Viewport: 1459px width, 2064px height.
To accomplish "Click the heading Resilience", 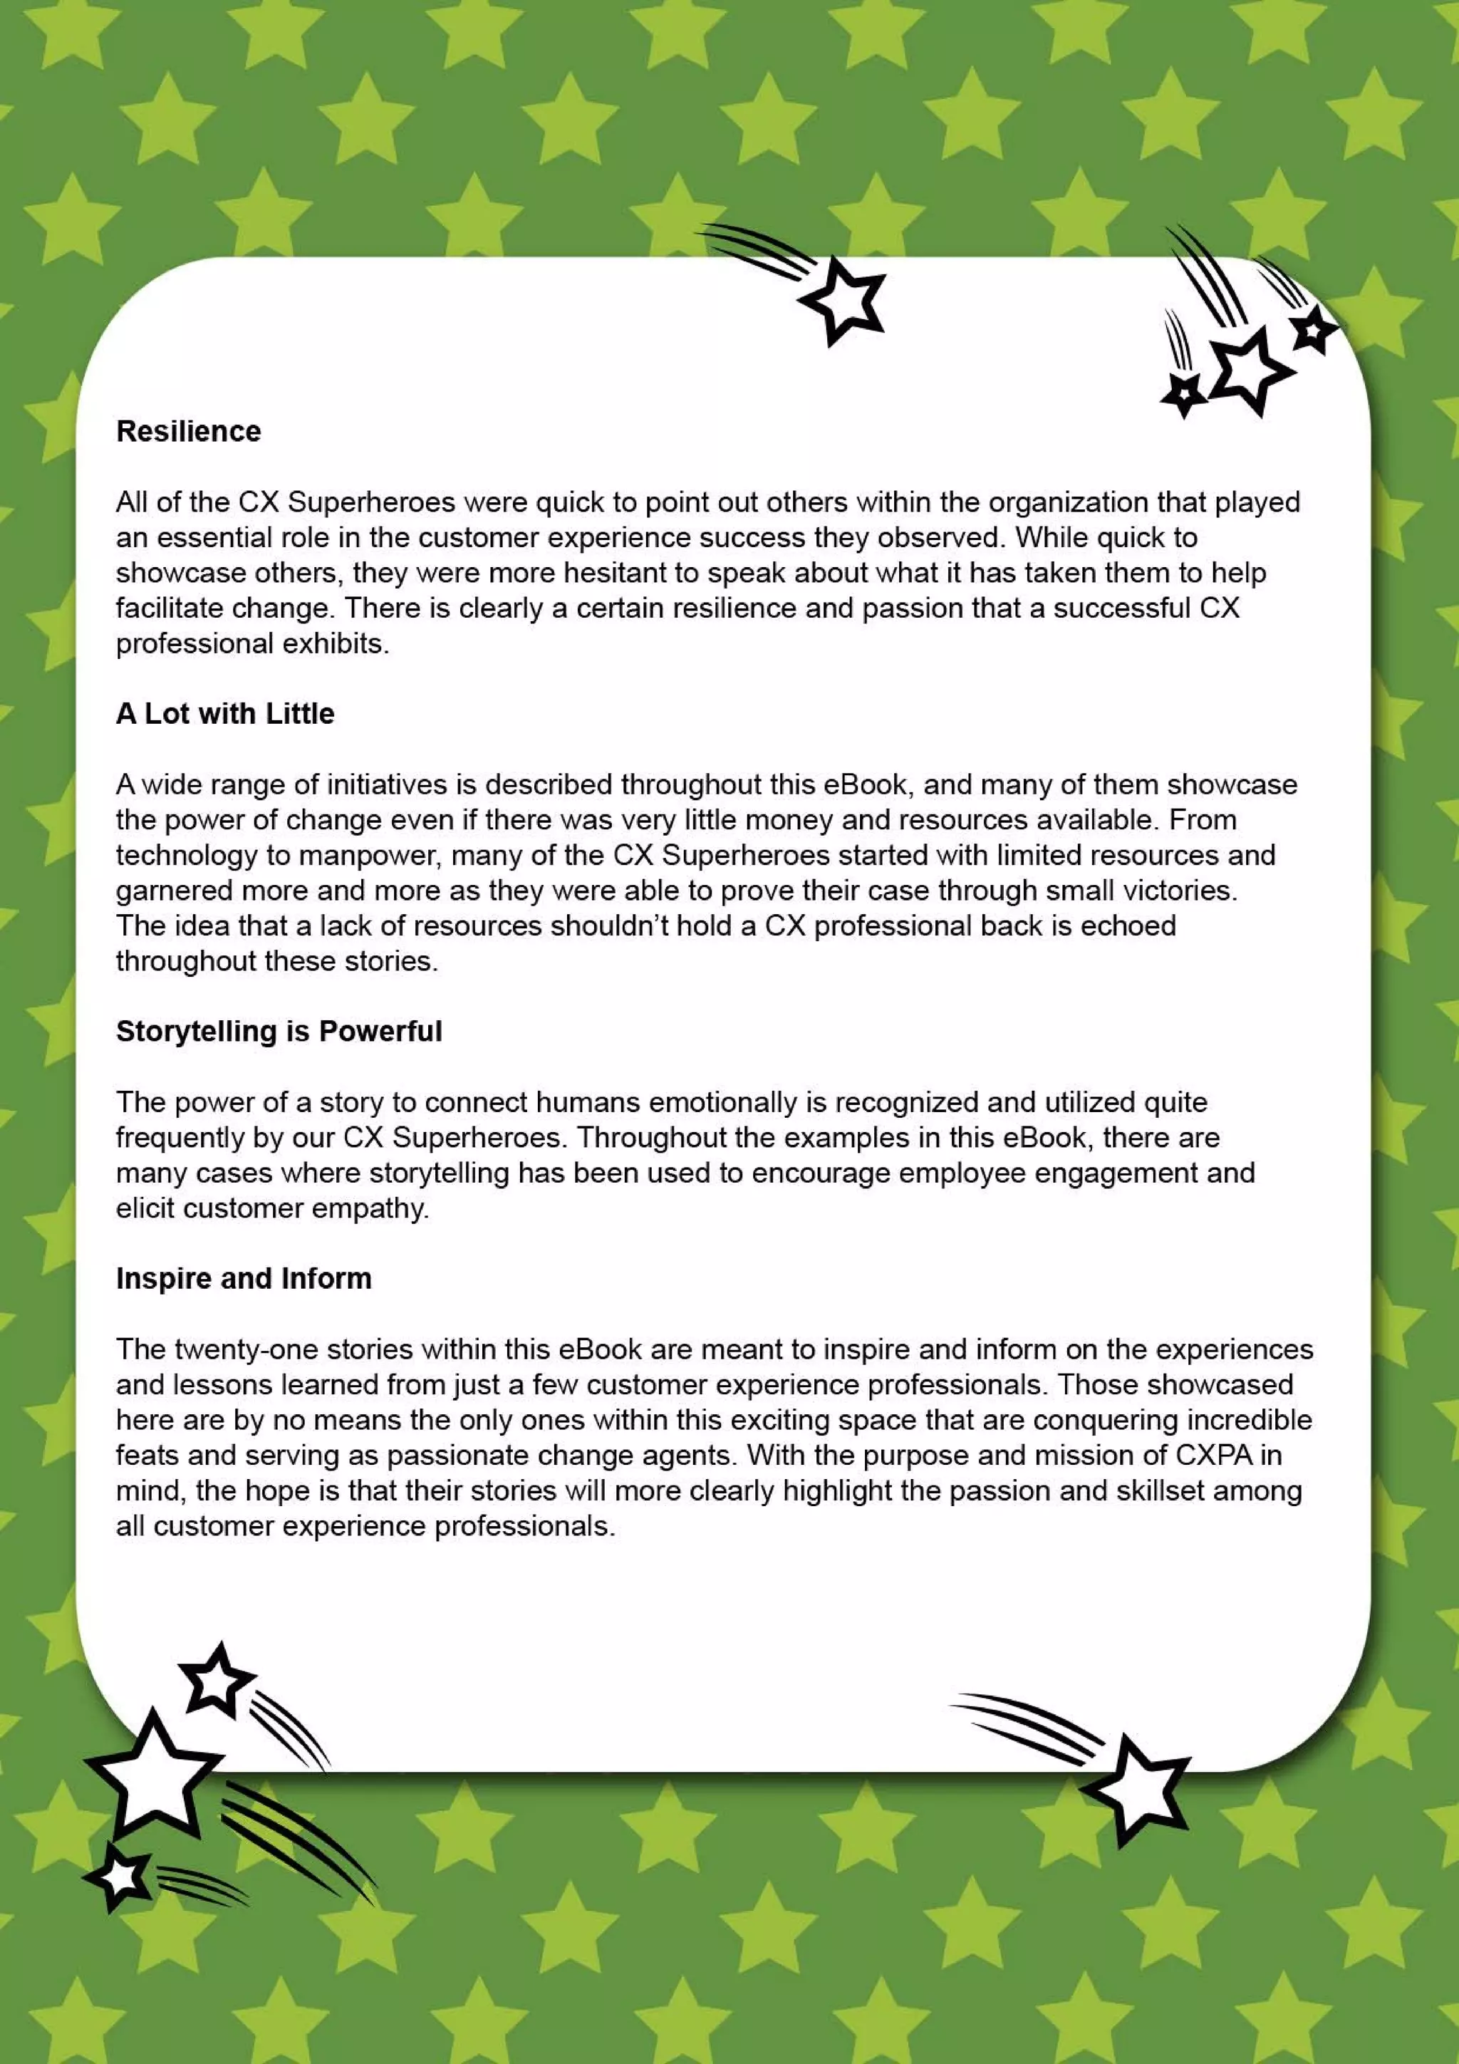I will pyautogui.click(x=188, y=432).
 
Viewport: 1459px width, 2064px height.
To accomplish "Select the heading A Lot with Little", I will pyautogui.click(x=224, y=714).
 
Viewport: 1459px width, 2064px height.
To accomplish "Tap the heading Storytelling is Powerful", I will pyautogui.click(x=279, y=1031).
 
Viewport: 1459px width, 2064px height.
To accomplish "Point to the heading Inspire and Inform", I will pyautogui.click(x=244, y=1278).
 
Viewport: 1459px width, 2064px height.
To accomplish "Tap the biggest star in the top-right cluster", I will pyautogui.click(x=1250, y=370).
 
